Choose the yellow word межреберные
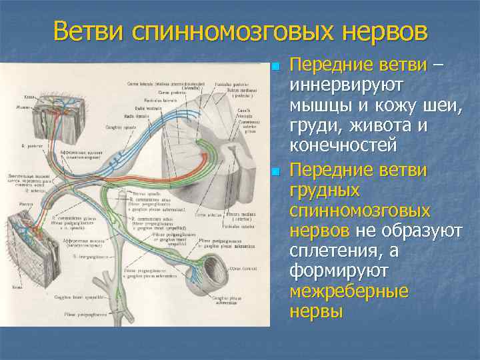click(x=349, y=292)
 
